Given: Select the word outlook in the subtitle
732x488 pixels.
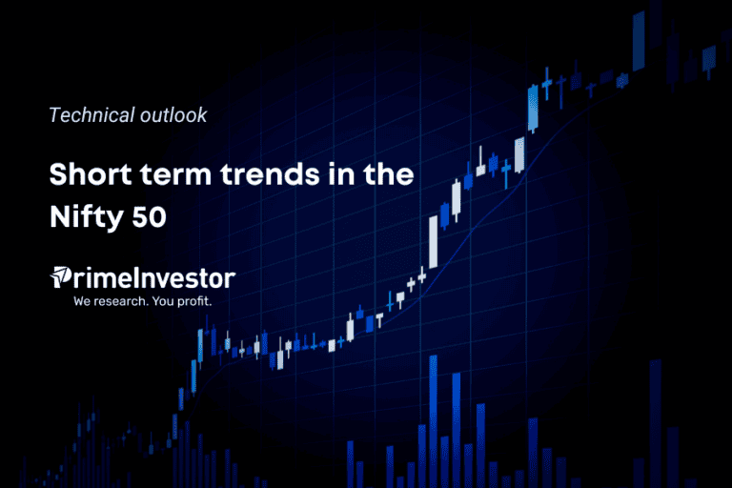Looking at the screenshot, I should pos(174,115).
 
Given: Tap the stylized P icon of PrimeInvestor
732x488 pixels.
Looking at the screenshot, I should pos(60,278).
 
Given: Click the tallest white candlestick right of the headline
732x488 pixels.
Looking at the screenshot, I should pos(434,242).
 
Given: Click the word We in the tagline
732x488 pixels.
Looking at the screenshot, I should pos(84,301).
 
